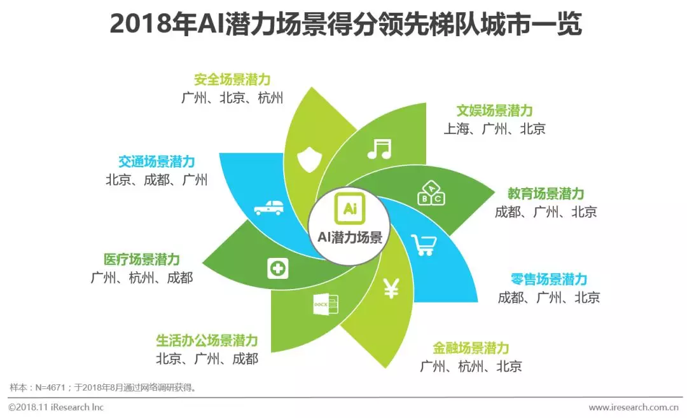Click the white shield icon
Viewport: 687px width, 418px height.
point(309,159)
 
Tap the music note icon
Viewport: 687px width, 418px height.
point(379,149)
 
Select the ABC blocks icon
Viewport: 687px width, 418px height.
point(431,193)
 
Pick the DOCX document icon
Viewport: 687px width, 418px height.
point(326,304)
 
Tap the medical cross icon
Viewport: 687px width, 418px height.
point(278,268)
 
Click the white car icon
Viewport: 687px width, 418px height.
point(268,208)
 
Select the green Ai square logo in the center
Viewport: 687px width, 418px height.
point(350,208)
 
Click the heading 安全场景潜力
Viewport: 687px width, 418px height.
point(232,79)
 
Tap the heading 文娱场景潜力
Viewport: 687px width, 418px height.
point(495,111)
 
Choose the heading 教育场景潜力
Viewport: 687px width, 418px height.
point(546,194)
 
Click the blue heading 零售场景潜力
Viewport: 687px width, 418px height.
point(549,279)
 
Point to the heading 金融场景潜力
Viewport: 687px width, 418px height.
point(471,348)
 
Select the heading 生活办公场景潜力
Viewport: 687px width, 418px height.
point(207,340)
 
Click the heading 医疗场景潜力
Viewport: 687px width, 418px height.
point(142,259)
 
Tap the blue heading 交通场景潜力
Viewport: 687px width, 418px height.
point(156,161)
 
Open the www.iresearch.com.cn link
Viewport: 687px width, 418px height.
point(634,407)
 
